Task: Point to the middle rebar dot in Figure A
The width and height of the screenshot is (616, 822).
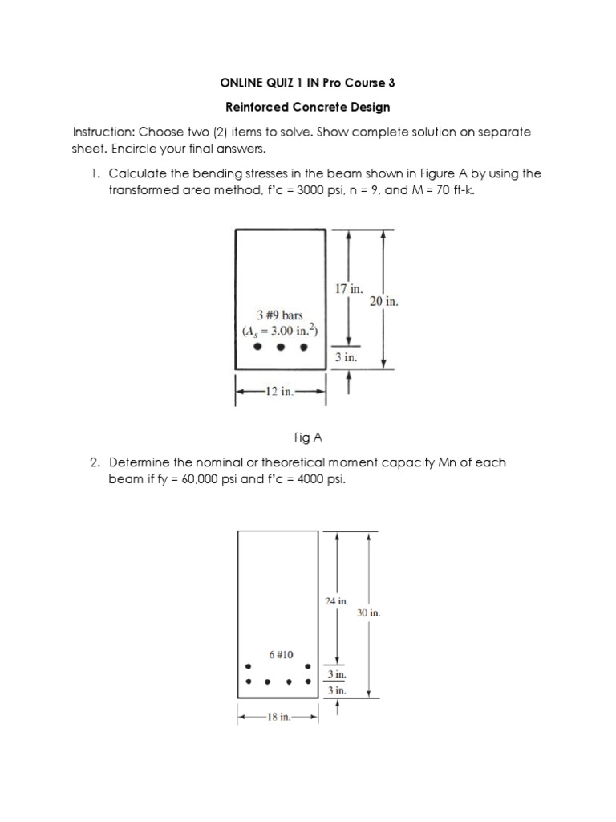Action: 281,348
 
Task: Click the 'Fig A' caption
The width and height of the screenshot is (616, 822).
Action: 307,437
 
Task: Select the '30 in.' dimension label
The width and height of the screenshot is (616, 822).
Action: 369,613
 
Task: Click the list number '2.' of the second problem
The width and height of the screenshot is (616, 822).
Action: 95,463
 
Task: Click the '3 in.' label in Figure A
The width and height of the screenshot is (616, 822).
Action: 346,358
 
